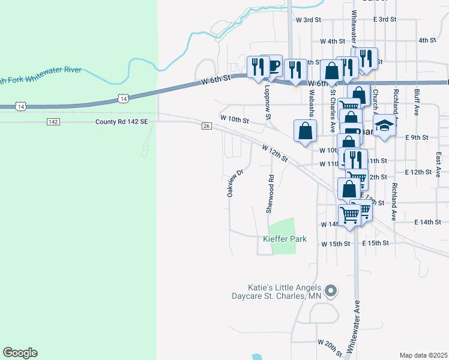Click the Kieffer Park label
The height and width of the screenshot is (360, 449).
(x=285, y=239)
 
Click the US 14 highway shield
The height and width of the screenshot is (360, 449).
(x=123, y=98)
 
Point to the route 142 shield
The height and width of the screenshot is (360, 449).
(x=53, y=122)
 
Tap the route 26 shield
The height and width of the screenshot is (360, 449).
(x=206, y=125)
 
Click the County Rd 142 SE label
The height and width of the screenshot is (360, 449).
(x=121, y=122)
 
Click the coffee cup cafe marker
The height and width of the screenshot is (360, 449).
(x=274, y=65)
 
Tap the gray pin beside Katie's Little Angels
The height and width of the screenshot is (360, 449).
(x=331, y=292)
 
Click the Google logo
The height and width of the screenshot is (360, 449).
(x=20, y=353)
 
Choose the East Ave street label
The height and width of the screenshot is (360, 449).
(x=438, y=160)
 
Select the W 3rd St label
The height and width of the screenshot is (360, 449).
(x=309, y=20)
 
